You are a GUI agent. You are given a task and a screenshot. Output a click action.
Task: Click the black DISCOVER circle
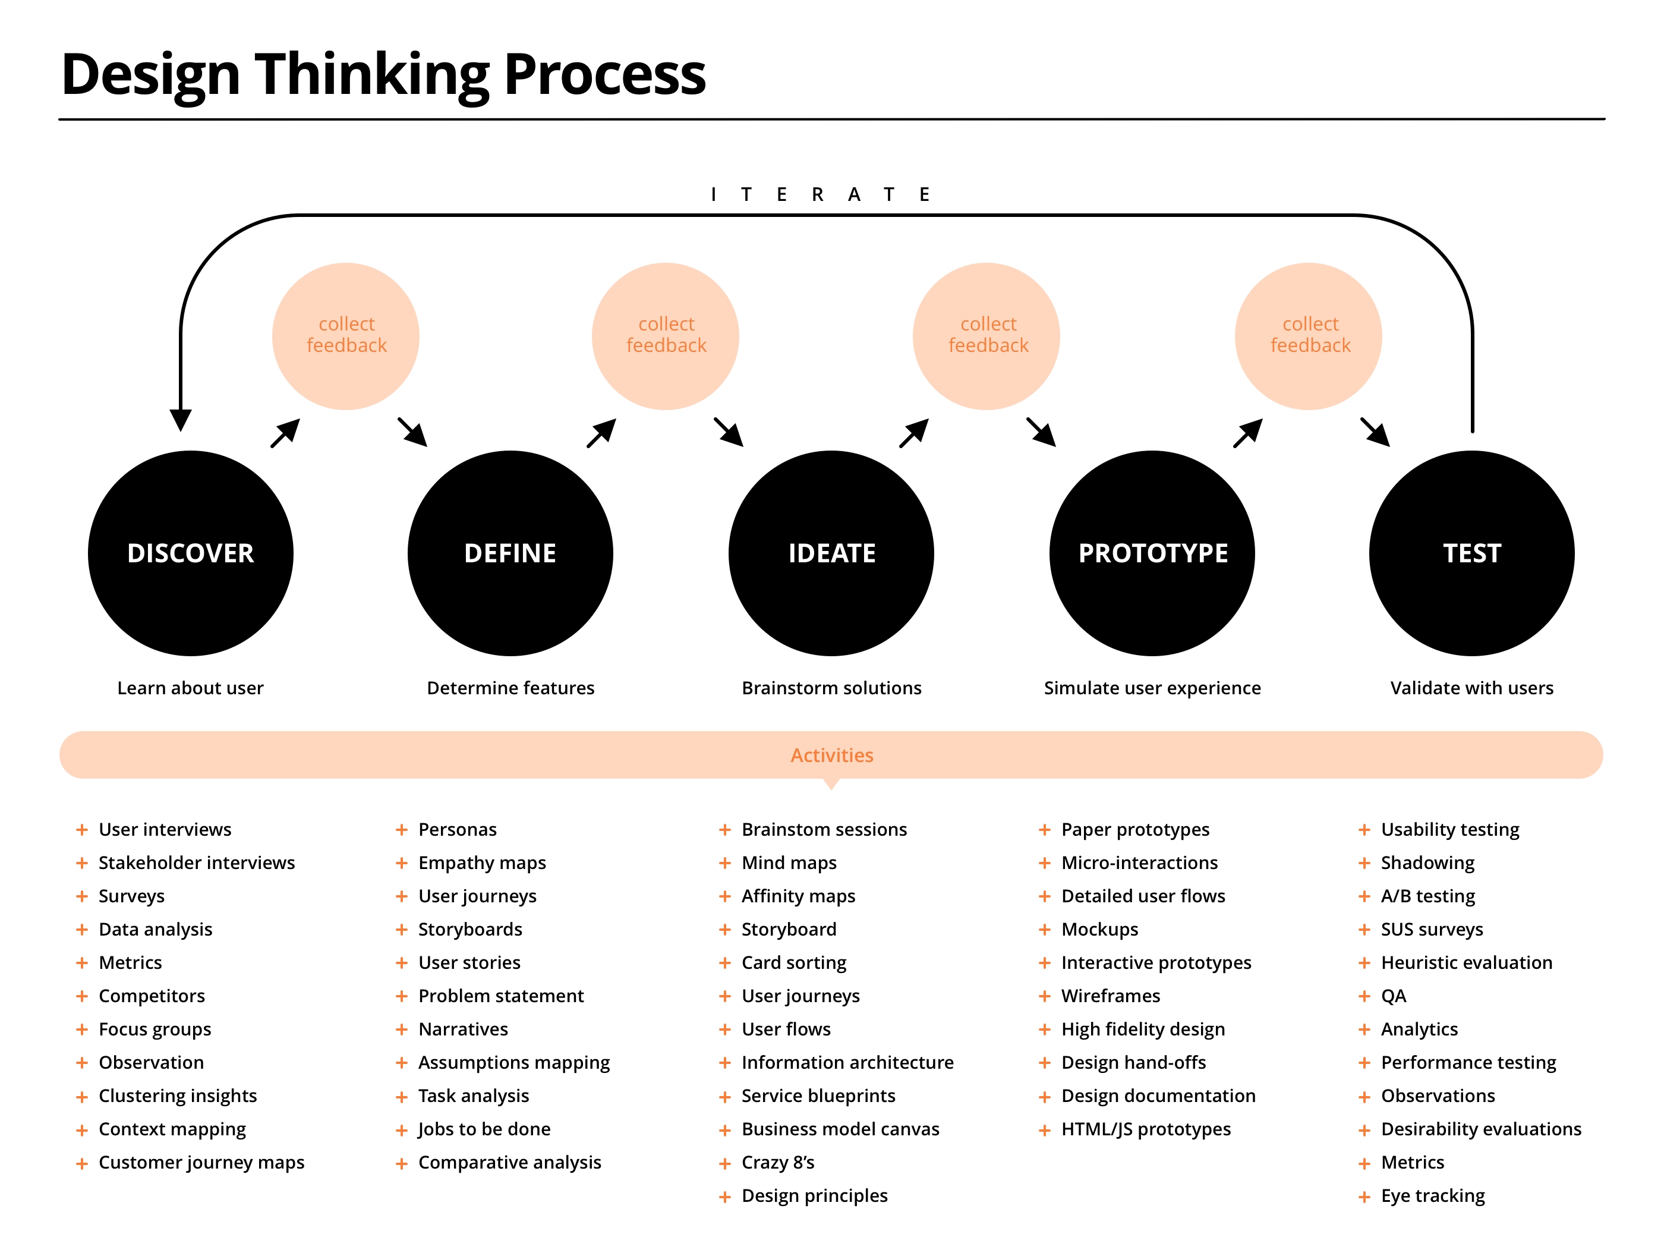(190, 553)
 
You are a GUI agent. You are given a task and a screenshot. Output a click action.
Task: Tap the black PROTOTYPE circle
(1152, 553)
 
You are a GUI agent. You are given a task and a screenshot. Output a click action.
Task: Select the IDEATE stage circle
(831, 553)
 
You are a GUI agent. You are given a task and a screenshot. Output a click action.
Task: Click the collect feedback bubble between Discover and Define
(346, 336)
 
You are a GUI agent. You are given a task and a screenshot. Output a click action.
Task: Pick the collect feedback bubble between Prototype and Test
(1309, 336)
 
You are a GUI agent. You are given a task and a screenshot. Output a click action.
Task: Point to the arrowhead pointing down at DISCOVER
(181, 419)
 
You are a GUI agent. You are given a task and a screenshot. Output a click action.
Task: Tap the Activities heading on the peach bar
(831, 755)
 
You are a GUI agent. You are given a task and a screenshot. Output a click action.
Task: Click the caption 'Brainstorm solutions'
(831, 688)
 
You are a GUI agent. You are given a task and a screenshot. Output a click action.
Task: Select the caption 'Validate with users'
(1471, 688)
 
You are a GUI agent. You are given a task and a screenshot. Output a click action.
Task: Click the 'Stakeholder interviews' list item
(196, 862)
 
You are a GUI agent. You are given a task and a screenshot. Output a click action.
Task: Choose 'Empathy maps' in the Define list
(481, 862)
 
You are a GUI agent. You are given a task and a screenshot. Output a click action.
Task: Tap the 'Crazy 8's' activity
(777, 1162)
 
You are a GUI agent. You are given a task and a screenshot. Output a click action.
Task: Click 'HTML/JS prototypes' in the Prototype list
(1146, 1129)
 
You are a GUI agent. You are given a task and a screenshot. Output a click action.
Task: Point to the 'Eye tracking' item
(1432, 1195)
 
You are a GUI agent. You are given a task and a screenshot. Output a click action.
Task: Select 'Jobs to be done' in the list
(484, 1129)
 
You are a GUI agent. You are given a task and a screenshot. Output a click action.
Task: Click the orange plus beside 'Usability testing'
(1364, 829)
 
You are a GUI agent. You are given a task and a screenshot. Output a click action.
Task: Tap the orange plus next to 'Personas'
(402, 829)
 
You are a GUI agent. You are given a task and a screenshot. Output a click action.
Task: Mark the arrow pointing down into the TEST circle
(1376, 433)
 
